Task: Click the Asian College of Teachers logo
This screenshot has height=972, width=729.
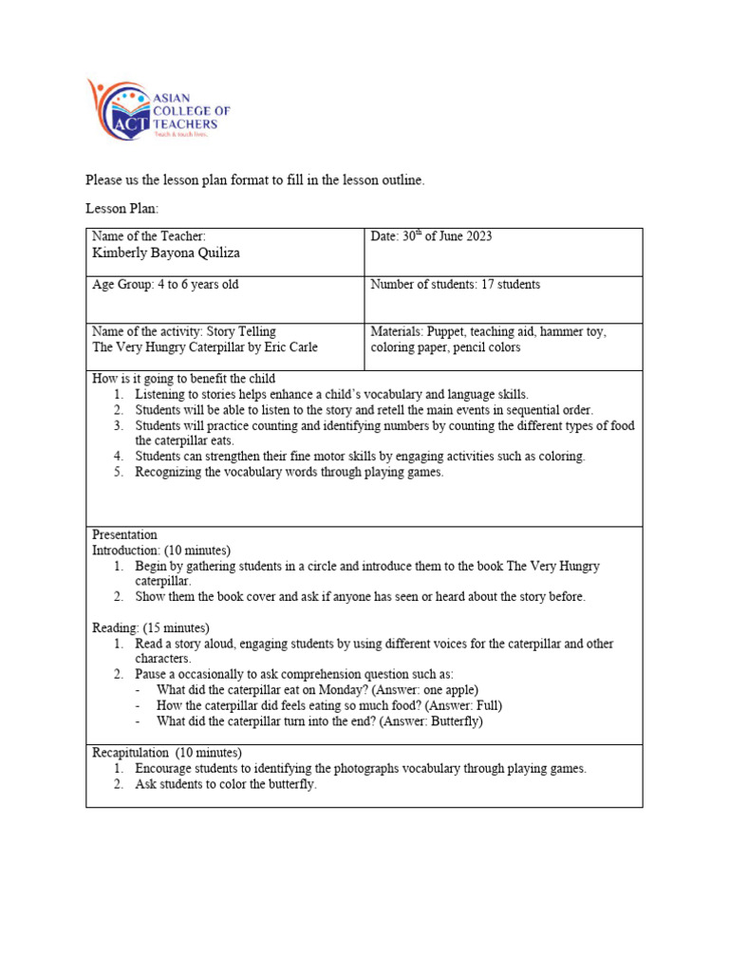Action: click(x=158, y=109)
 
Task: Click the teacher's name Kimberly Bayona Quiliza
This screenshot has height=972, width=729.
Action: click(x=166, y=252)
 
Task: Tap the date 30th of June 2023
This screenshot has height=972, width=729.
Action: click(x=431, y=236)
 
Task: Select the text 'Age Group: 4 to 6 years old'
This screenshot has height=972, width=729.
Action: click(x=172, y=284)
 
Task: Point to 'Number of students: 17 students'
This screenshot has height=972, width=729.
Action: click(x=455, y=284)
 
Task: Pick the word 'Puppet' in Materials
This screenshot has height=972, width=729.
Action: click(x=445, y=331)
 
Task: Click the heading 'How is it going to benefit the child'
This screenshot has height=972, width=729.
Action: click(x=183, y=379)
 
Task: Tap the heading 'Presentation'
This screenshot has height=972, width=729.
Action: click(x=124, y=534)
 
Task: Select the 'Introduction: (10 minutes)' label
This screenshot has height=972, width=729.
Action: click(x=160, y=550)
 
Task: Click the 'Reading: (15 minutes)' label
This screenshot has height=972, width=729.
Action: click(x=150, y=627)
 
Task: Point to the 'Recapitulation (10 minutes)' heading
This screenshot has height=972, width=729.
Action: click(x=159, y=753)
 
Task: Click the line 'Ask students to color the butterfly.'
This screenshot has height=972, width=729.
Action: click(x=226, y=784)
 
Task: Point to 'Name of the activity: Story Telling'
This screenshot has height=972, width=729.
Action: click(x=183, y=331)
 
